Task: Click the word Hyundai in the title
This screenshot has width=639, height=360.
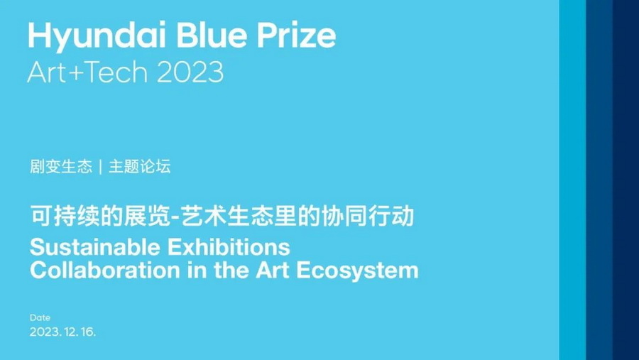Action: point(97,36)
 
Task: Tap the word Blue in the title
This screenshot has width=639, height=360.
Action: point(212,35)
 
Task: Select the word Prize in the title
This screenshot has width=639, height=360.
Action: point(296,35)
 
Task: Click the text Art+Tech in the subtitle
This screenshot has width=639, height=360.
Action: point(87,72)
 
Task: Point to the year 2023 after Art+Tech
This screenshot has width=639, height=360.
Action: point(190,72)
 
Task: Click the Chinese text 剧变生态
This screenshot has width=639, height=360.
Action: point(61,166)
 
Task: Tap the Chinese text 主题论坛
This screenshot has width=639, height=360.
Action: point(139,166)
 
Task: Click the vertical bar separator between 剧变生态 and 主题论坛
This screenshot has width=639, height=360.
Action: point(100,167)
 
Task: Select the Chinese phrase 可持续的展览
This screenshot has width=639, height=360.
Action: point(100,216)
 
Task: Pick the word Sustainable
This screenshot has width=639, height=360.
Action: point(95,247)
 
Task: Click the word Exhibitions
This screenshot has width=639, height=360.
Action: point(229,247)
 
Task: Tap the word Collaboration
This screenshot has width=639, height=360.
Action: point(105,270)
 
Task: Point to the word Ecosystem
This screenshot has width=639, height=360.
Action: point(357,271)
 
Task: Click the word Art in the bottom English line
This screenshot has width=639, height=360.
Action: point(273,270)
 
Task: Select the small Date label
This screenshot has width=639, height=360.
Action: point(40,317)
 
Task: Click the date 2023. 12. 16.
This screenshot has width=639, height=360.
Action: point(62,332)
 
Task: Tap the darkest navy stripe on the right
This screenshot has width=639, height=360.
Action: point(626,180)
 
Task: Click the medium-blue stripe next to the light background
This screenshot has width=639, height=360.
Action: point(572,180)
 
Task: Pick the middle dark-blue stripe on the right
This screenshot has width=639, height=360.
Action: point(599,180)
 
